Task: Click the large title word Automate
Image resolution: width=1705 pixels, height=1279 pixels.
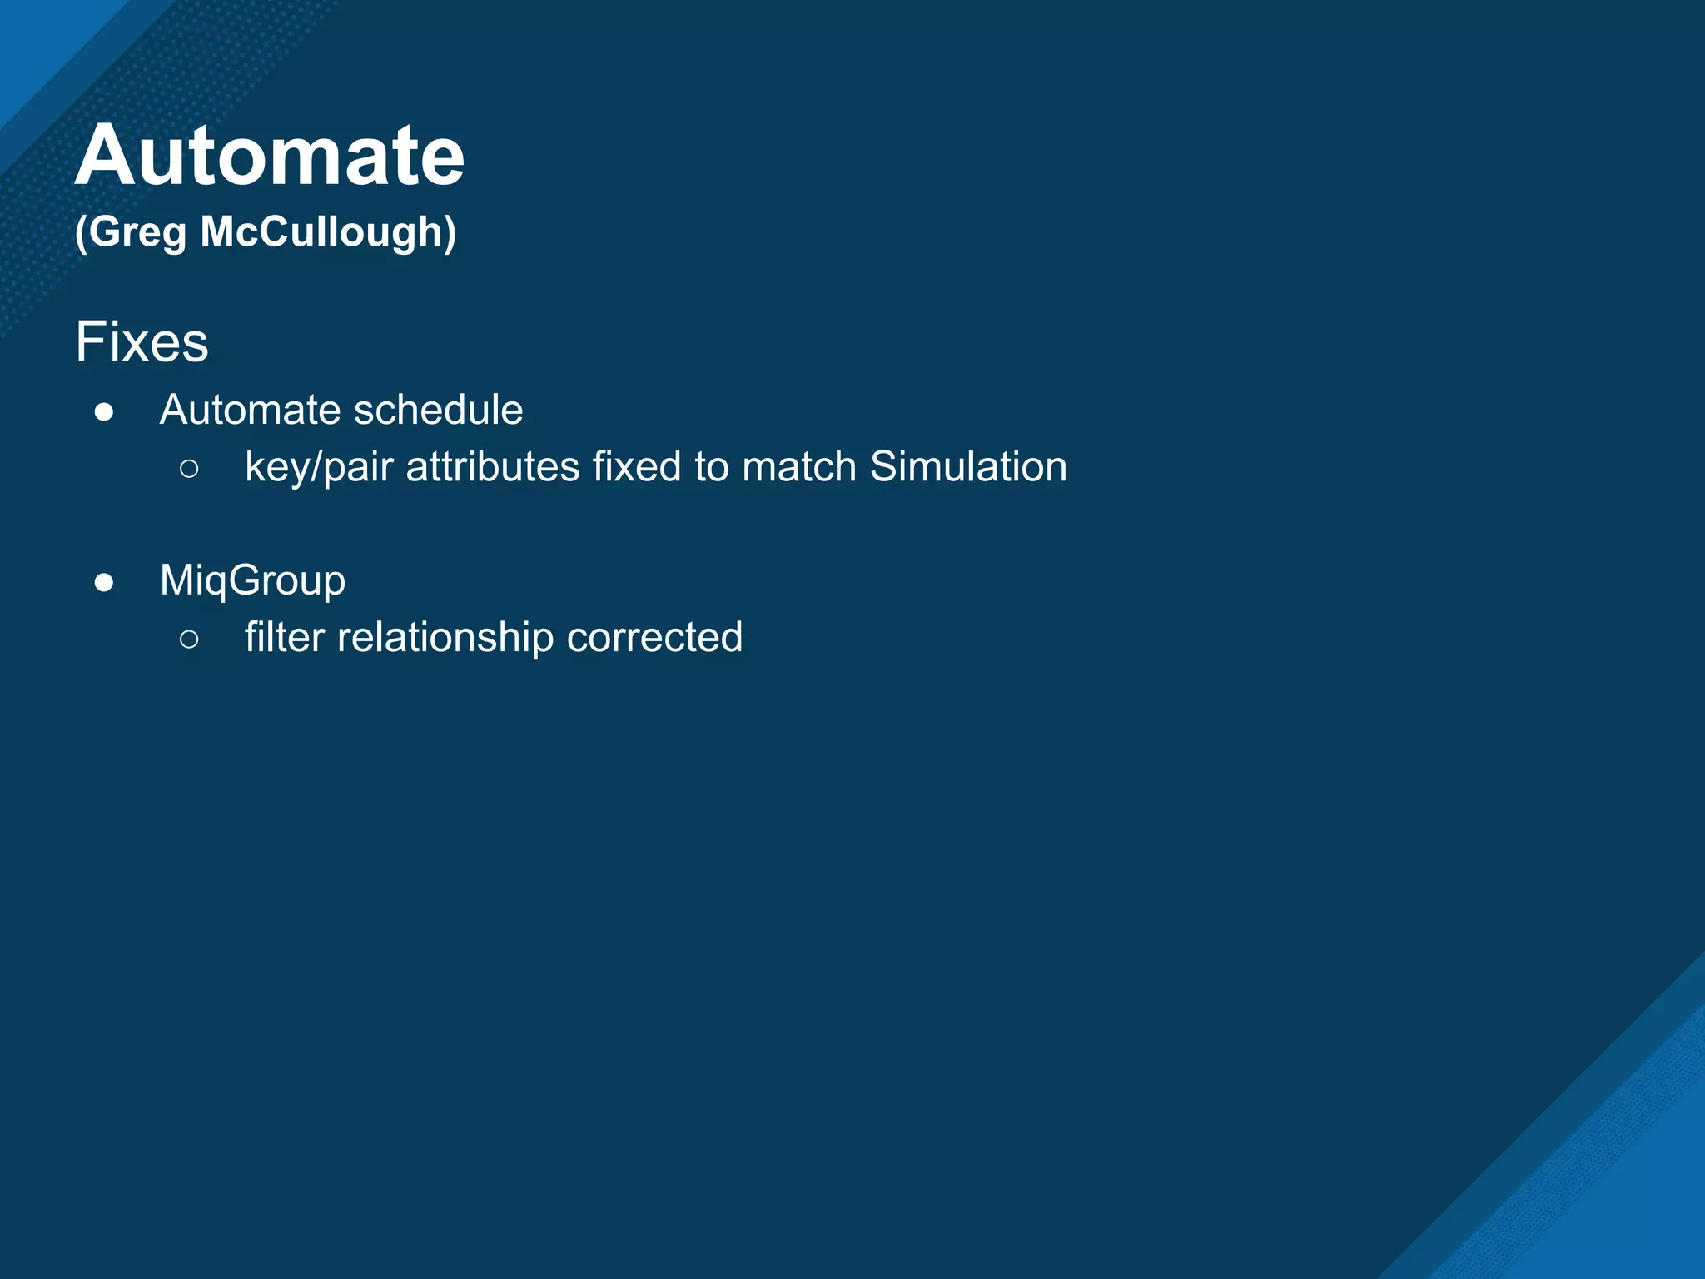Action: tap(270, 156)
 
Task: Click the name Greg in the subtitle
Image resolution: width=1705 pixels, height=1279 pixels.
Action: tap(137, 232)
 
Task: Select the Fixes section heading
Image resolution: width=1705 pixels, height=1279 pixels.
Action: tap(142, 342)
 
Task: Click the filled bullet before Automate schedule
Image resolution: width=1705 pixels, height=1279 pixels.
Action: tap(104, 412)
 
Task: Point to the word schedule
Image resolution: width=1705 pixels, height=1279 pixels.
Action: tap(438, 410)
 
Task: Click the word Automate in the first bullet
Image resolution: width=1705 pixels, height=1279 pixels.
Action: tap(251, 410)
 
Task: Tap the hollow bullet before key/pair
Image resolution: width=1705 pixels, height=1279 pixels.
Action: tap(189, 469)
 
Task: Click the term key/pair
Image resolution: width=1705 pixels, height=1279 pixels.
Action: tap(318, 467)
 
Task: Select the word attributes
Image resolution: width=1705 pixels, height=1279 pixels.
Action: tap(492, 466)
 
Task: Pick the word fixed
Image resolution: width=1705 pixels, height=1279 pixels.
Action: tap(637, 466)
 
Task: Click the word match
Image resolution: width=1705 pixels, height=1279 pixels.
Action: tap(798, 466)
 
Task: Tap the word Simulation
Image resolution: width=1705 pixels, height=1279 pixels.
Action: tap(968, 466)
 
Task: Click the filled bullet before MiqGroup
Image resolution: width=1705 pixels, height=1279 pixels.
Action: tap(104, 582)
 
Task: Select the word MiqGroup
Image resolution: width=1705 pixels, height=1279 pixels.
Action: tap(252, 580)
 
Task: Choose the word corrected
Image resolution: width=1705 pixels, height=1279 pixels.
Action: tap(654, 637)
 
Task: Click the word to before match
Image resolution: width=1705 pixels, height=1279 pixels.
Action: tap(712, 466)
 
